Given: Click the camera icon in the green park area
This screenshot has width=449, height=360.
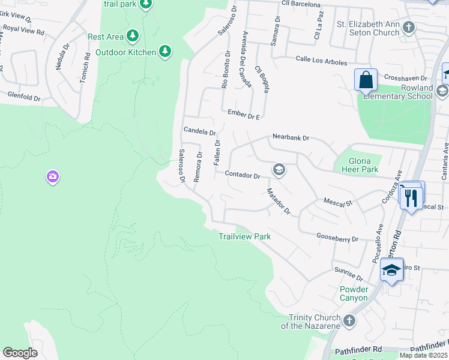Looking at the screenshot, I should tap(53, 176).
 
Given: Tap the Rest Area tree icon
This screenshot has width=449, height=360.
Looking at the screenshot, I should tap(133, 37).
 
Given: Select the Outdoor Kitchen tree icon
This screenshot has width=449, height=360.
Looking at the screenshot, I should tap(166, 52).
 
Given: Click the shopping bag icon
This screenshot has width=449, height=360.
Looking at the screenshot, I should tap(365, 79).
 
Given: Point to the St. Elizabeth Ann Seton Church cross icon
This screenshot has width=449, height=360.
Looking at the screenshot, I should tap(409, 27).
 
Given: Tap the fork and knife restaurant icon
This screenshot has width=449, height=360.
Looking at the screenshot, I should tap(411, 197).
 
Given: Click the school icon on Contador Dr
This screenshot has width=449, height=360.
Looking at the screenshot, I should tap(279, 170).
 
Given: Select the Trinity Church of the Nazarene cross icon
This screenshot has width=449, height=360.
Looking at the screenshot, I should tap(349, 321).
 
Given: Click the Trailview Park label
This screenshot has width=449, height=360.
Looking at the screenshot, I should tap(244, 236).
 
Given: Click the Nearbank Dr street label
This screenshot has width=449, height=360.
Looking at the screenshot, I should tap(291, 137).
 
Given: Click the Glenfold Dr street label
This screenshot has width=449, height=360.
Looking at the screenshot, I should tap(24, 95).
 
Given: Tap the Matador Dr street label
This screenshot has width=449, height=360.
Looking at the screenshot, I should tap(279, 202).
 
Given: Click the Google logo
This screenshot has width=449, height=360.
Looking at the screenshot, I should tap(20, 353).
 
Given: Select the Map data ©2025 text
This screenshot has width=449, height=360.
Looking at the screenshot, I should tap(423, 355).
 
